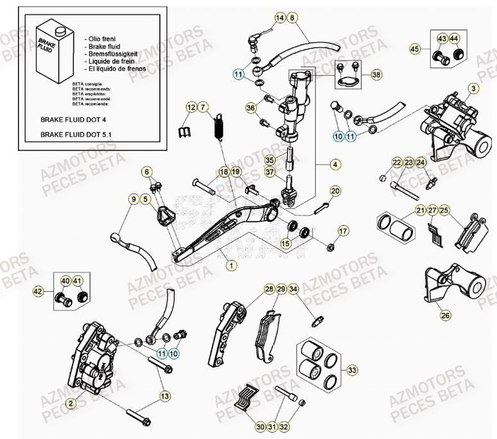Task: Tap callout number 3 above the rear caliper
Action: pyautogui.click(x=473, y=88)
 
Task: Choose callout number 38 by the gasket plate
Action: pyautogui.click(x=375, y=75)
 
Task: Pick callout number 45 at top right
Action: pyautogui.click(x=415, y=49)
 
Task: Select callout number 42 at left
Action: pyautogui.click(x=38, y=292)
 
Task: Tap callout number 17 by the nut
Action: pyautogui.click(x=343, y=231)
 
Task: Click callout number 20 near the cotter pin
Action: pyautogui.click(x=335, y=191)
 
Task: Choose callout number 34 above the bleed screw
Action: pyautogui.click(x=293, y=290)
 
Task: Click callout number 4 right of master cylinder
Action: pyautogui.click(x=335, y=165)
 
